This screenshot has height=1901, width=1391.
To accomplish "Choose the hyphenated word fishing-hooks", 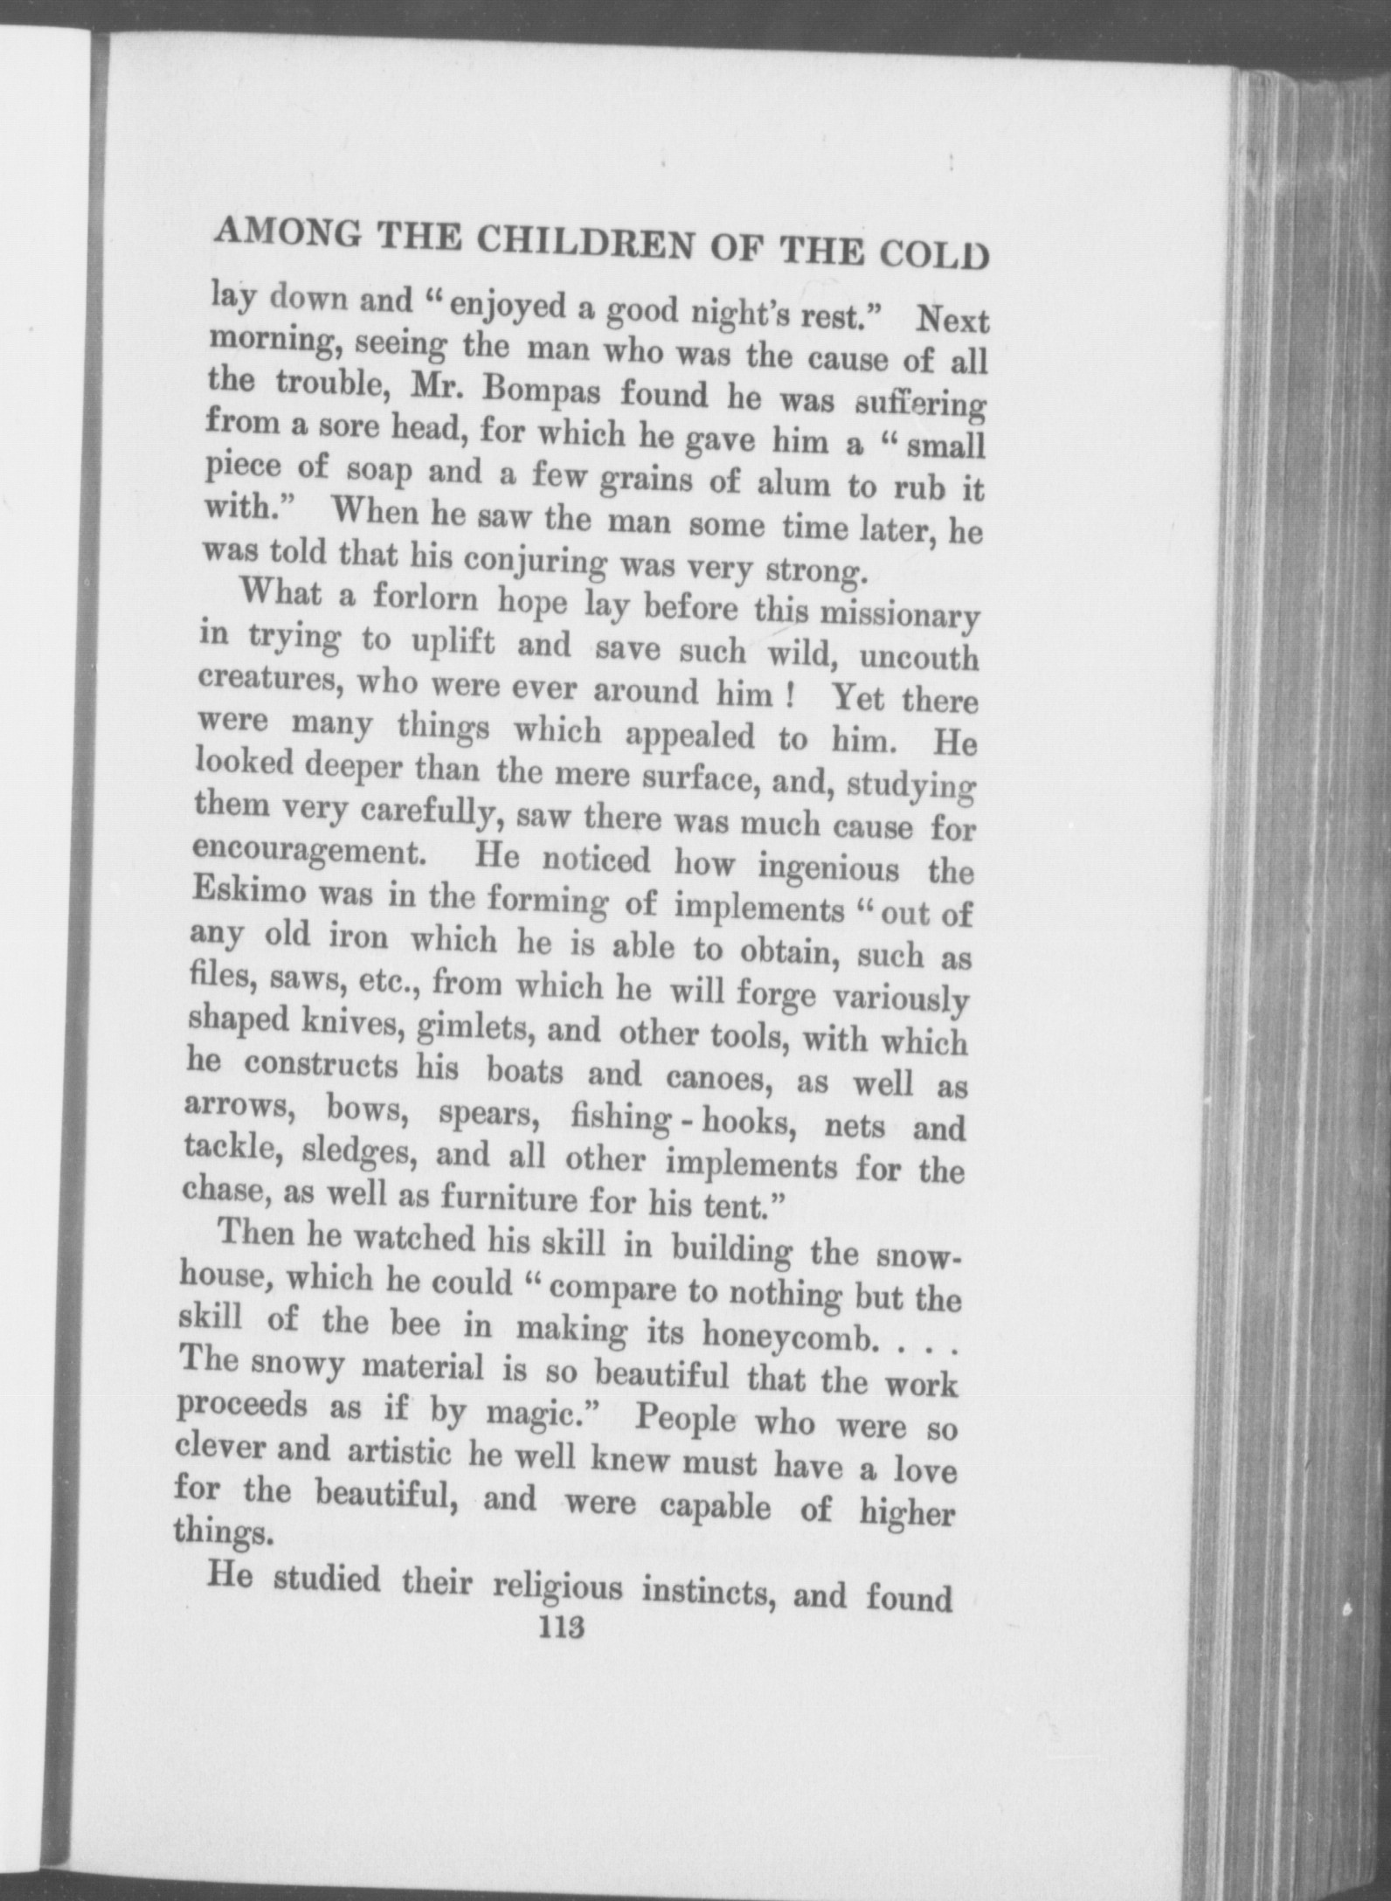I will click(682, 1118).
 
